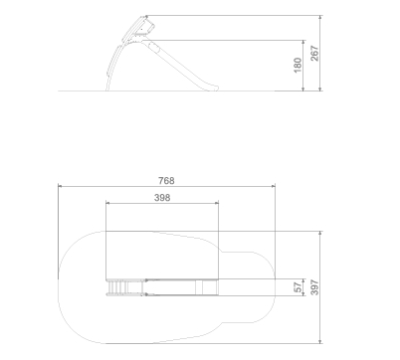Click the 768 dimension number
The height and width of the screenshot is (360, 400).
coord(166,181)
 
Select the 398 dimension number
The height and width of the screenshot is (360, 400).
coord(162,198)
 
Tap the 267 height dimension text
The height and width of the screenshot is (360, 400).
coord(314,53)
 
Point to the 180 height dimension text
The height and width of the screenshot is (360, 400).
coord(298,65)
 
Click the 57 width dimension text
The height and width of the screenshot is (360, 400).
coord(299,287)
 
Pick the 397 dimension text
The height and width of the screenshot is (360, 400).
coord(314,287)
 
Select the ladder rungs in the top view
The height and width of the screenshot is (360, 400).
coord(117,287)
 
